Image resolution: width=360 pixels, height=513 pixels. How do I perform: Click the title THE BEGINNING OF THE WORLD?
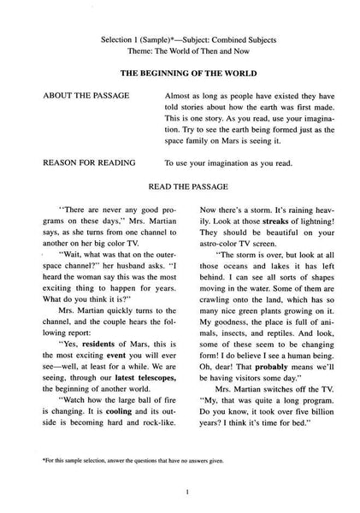[180, 74]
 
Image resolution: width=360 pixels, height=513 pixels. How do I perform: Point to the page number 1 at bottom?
[180, 493]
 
